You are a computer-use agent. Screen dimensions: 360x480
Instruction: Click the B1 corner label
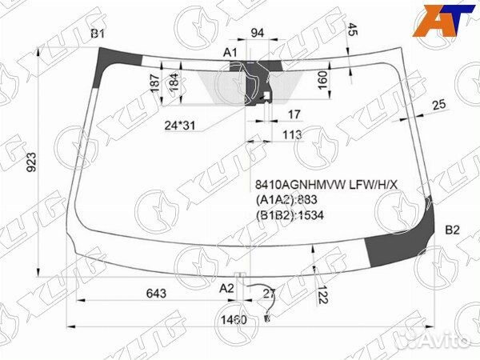(98, 33)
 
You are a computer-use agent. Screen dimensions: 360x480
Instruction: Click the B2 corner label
(452, 230)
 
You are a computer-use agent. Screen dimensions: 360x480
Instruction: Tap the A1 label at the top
(230, 53)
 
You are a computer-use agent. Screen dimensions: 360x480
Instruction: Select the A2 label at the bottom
(227, 287)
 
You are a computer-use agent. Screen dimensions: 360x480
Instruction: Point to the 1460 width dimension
(234, 320)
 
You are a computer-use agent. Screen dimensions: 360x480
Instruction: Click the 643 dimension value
(156, 294)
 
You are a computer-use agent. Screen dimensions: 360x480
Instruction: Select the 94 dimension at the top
(258, 33)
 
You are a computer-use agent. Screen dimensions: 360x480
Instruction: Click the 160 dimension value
(322, 81)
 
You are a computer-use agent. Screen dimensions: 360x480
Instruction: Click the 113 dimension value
(291, 135)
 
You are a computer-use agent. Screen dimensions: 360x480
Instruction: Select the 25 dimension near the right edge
(439, 105)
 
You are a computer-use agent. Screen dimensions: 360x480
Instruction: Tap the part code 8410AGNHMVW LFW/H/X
(326, 186)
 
